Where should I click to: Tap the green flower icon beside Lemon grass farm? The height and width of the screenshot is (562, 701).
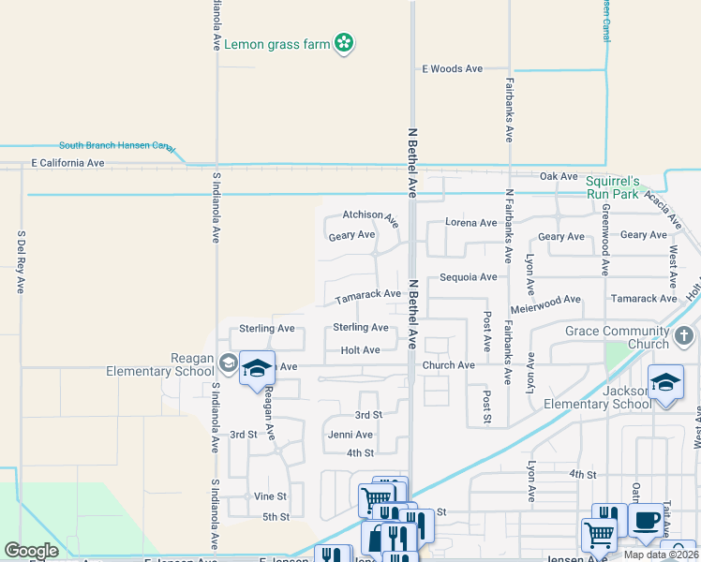345,42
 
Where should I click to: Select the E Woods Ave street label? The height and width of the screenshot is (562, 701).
452,69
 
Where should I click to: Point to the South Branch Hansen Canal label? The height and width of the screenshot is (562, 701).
116,146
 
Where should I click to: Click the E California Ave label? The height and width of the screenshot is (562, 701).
67,163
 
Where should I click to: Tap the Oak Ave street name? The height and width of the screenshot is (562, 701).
559,176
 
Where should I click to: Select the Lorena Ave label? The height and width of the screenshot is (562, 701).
471,223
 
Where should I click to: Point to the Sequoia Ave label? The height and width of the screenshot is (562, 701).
469,277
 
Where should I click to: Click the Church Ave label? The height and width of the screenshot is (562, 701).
448,365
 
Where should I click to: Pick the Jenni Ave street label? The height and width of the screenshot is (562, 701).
350,435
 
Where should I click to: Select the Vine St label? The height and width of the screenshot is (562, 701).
270,496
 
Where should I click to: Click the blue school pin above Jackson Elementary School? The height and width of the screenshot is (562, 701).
665,381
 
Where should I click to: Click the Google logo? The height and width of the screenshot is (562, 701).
31,550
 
